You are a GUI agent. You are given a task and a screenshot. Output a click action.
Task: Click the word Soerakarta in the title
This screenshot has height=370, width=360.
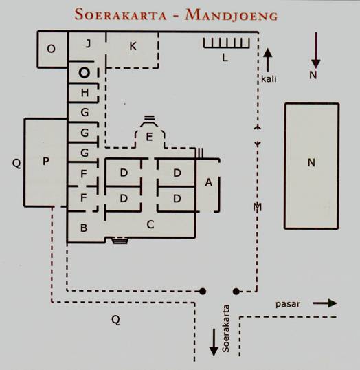pos(121,14)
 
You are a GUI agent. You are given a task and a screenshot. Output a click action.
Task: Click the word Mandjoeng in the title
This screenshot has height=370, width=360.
pos(232,15)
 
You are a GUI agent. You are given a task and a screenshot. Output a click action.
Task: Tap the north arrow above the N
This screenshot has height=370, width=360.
pos(315,50)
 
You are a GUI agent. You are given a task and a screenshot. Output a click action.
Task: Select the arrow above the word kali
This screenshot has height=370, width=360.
pos(267,60)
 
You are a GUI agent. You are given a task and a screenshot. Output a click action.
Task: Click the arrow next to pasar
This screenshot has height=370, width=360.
pos(325,303)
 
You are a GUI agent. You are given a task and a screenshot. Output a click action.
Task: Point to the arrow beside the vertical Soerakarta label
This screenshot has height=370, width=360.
pos(214,342)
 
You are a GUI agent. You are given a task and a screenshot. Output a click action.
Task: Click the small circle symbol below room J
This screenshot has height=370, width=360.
pos(85,72)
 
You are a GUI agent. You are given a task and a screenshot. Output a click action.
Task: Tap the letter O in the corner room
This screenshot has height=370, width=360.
pos(51,49)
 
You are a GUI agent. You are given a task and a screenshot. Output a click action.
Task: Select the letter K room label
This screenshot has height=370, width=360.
pos(133,46)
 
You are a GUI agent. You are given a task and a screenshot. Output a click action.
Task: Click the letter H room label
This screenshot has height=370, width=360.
pos(85,93)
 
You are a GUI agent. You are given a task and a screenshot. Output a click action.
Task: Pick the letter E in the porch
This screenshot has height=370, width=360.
pos(149,137)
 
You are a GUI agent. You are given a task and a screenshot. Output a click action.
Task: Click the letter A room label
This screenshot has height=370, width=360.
pos(208,182)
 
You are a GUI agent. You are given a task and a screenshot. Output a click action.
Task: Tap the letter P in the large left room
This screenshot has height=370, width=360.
pos(46,161)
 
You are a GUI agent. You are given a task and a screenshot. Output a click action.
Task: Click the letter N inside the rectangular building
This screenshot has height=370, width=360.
pos(311,162)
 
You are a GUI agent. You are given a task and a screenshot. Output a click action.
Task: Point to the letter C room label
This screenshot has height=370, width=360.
pos(150,224)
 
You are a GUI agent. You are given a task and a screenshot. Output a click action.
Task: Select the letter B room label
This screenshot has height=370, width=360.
pos(84,228)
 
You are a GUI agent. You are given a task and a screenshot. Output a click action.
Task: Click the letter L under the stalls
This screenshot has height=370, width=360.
pos(225,57)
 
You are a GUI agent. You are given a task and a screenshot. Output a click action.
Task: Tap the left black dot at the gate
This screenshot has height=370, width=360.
pos(203,292)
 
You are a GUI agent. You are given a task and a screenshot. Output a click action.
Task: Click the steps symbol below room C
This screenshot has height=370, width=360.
pos(120,240)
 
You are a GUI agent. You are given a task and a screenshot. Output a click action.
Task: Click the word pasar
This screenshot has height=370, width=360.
pos(288,304)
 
